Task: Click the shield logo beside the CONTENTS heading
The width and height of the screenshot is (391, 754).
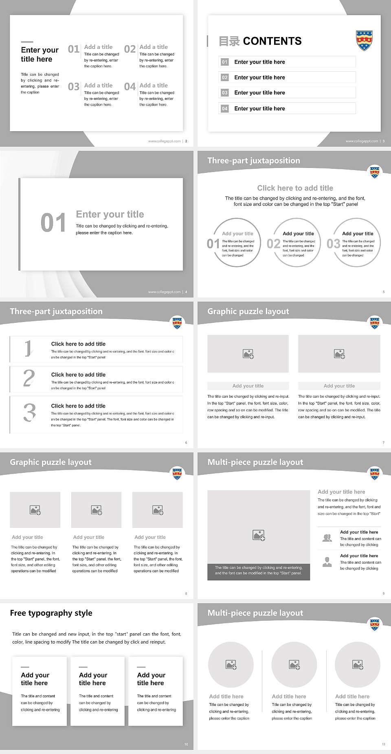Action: pyautogui.click(x=365, y=40)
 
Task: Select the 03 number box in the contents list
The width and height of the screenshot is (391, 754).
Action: pyautogui.click(x=225, y=93)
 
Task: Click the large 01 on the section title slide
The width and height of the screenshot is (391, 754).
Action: pyautogui.click(x=53, y=223)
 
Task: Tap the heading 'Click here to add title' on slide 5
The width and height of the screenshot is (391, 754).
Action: pyautogui.click(x=295, y=188)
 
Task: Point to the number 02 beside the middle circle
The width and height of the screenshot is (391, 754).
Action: pyautogui.click(x=273, y=244)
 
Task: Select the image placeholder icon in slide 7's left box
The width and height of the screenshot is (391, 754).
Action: pyautogui.click(x=248, y=354)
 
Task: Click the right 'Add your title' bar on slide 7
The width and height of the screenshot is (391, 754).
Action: pyautogui.click(x=339, y=386)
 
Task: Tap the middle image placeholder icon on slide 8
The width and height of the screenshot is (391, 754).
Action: pyautogui.click(x=97, y=510)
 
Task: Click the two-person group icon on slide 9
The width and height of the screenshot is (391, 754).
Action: pyautogui.click(x=327, y=538)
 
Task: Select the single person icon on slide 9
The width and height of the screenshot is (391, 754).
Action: pyautogui.click(x=327, y=562)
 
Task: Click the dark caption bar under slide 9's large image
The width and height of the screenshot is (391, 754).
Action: pyautogui.click(x=258, y=570)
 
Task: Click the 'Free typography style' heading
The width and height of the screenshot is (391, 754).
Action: pyautogui.click(x=51, y=613)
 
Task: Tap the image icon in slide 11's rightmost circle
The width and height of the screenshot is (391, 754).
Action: pyautogui.click(x=358, y=665)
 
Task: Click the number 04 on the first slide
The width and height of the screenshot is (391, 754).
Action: pyautogui.click(x=130, y=86)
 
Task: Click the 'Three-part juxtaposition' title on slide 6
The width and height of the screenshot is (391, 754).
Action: pyautogui.click(x=56, y=311)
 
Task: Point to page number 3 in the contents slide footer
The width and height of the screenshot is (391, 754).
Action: pyautogui.click(x=384, y=141)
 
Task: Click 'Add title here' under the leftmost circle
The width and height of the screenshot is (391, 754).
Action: pyautogui.click(x=226, y=697)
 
